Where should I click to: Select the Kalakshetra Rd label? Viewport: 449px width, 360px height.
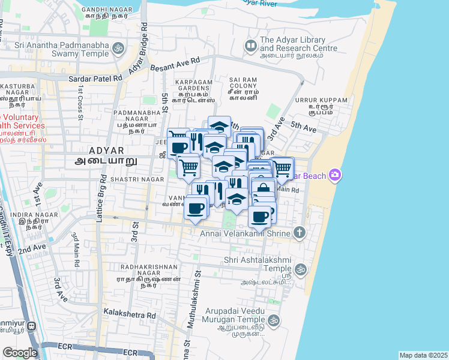click(130, 313)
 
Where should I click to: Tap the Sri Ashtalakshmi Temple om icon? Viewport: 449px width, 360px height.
click(300, 269)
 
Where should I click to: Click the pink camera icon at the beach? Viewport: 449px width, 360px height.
click(334, 176)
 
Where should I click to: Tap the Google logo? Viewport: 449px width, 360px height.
click(20, 352)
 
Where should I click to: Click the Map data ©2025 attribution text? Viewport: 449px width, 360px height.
click(423, 355)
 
